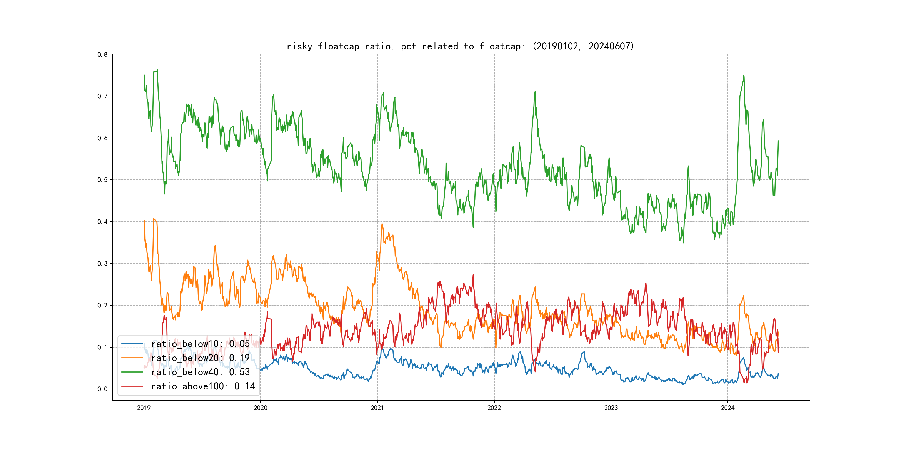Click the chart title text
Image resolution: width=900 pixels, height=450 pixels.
(460, 46)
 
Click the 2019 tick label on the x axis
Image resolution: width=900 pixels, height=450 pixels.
(144, 408)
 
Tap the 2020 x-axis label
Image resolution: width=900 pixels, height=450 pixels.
(260, 408)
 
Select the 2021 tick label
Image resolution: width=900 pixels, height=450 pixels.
(377, 408)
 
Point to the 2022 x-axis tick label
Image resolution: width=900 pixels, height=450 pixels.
(494, 408)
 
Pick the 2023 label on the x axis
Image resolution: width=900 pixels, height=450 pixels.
(611, 408)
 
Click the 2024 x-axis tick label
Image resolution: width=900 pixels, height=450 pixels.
(728, 408)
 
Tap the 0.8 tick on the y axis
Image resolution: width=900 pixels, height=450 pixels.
(102, 54)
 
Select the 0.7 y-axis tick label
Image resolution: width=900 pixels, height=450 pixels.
(102, 96)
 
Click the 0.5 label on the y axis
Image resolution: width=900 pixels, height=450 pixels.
(102, 180)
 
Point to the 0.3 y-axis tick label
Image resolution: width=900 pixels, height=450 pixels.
(102, 263)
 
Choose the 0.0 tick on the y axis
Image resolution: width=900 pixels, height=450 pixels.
(102, 389)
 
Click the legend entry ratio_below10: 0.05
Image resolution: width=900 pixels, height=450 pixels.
(200, 344)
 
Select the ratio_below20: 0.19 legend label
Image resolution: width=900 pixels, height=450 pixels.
(200, 358)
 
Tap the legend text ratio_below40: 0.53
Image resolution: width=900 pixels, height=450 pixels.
(200, 372)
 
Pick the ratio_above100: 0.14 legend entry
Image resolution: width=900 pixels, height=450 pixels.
(203, 386)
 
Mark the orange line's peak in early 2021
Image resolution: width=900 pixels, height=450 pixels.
(382, 224)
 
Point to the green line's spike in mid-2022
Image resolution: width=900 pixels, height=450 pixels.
(535, 92)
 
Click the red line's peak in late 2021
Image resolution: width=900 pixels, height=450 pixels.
(473, 275)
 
